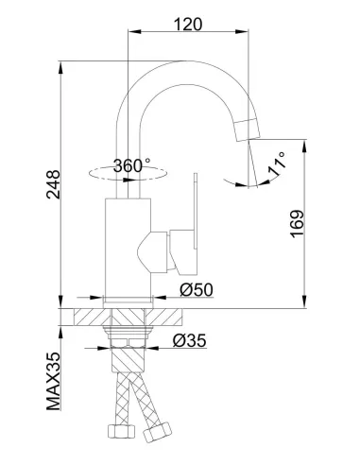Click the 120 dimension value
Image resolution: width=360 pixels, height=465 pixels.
tap(188, 24)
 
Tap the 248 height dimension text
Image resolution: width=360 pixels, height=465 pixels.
tap(53, 184)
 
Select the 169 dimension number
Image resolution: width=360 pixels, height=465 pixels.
tap(297, 224)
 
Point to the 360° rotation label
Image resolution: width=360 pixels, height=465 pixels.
tap(132, 165)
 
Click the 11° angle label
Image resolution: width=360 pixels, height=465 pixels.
tap(277, 164)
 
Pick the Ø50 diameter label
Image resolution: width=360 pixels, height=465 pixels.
tap(197, 289)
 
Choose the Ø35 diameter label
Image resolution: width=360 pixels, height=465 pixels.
tap(190, 340)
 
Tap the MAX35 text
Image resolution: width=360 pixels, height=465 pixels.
tap(53, 381)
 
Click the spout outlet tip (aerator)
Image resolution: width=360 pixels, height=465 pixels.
tap(248, 129)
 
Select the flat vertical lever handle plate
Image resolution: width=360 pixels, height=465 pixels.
tap(196, 212)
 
